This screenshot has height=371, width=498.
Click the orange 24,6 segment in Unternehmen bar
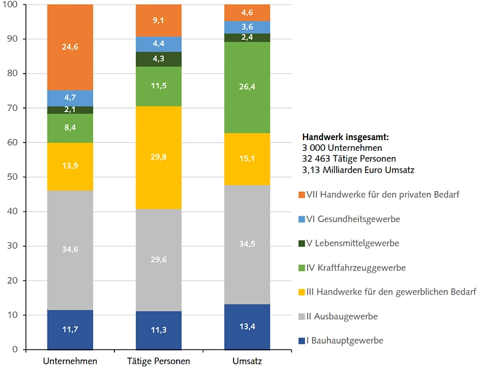pyautogui.click(x=70, y=47)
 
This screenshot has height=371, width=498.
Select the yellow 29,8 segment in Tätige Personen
pyautogui.click(x=158, y=157)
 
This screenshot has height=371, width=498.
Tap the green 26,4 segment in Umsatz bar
pyautogui.click(x=247, y=87)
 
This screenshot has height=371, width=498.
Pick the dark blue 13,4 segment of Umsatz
pyautogui.click(x=247, y=326)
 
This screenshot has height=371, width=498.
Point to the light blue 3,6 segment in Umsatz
pyautogui.click(x=247, y=27)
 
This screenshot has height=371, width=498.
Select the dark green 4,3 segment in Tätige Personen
pyautogui.click(x=158, y=59)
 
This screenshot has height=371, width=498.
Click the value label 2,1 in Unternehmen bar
pyautogui.click(x=70, y=110)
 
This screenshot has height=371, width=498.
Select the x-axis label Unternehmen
pyautogui.click(x=70, y=361)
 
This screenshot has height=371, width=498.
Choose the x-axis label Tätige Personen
pyautogui.click(x=158, y=361)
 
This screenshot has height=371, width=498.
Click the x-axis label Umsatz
pyautogui.click(x=247, y=361)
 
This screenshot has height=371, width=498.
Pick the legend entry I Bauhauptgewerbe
pyautogui.click(x=343, y=341)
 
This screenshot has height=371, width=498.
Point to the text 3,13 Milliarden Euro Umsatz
pyautogui.click(x=358, y=170)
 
